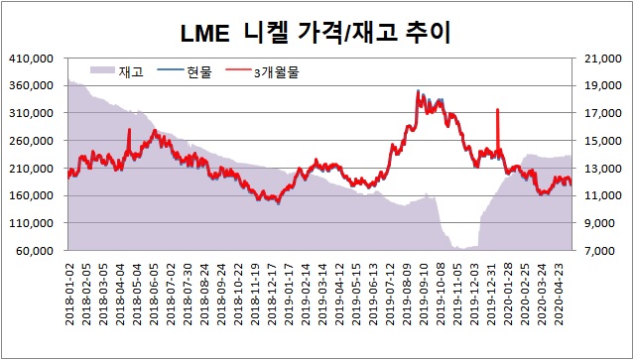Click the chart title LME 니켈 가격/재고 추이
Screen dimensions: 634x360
315,35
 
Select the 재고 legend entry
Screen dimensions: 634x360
117,72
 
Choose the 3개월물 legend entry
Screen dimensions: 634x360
262,72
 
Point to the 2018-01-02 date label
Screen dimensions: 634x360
69,294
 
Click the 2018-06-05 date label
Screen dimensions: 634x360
154,294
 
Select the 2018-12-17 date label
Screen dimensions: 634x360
272,294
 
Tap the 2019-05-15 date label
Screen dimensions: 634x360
356,294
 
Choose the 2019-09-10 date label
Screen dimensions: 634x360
424,294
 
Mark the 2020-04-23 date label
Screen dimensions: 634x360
560,294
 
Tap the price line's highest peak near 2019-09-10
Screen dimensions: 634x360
418,91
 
